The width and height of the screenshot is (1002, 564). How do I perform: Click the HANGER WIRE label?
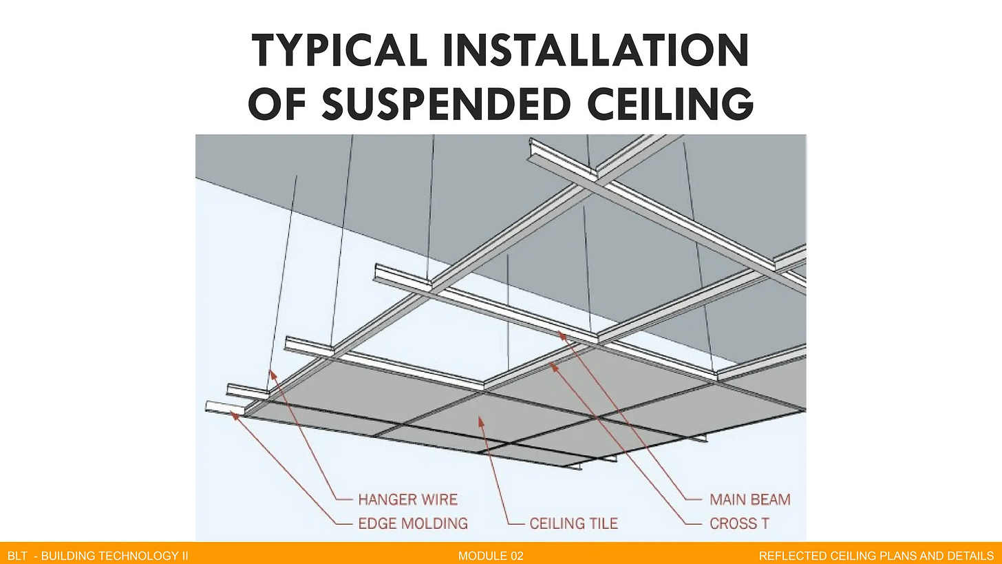407,499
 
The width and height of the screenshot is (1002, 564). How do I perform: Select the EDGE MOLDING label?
412,523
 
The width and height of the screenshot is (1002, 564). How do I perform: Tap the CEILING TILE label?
573,523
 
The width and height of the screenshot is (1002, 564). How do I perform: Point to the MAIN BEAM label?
749,499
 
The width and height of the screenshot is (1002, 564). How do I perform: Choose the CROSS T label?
739,523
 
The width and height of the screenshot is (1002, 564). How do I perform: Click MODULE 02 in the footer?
491,556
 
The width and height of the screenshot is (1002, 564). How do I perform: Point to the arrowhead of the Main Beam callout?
560,334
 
